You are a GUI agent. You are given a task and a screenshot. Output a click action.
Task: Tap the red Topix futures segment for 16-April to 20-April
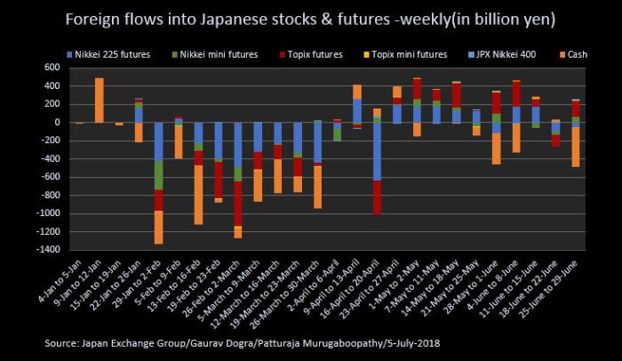pyautogui.click(x=377, y=197)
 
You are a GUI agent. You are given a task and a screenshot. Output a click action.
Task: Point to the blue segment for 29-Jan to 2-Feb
pyautogui.click(x=159, y=142)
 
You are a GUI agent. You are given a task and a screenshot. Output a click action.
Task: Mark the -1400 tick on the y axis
pyautogui.click(x=61, y=250)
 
